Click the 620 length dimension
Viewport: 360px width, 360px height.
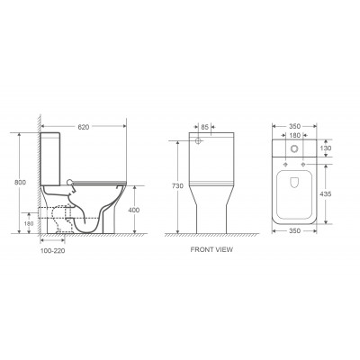(x=84, y=127)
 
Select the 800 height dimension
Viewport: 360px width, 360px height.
(x=20, y=182)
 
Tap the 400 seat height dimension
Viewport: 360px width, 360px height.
(x=134, y=211)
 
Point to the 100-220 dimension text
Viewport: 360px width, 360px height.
(x=52, y=251)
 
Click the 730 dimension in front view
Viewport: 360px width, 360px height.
(x=177, y=186)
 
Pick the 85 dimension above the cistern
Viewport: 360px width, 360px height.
(x=204, y=127)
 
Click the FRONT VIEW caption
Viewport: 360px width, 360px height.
(x=211, y=249)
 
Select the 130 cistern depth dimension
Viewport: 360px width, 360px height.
(x=326, y=148)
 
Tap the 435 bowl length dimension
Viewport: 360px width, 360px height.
(x=326, y=194)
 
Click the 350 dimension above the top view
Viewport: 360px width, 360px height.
(x=294, y=126)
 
